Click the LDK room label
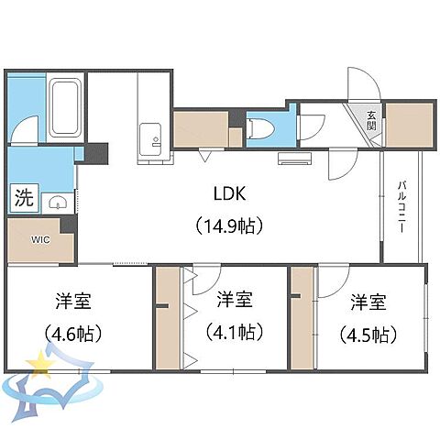[x=228, y=195]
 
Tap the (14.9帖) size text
[x=228, y=223]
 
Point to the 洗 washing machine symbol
[x=22, y=196]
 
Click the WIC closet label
[x=40, y=240]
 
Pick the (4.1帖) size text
[x=235, y=331]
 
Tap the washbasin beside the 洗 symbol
[x=57, y=201]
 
